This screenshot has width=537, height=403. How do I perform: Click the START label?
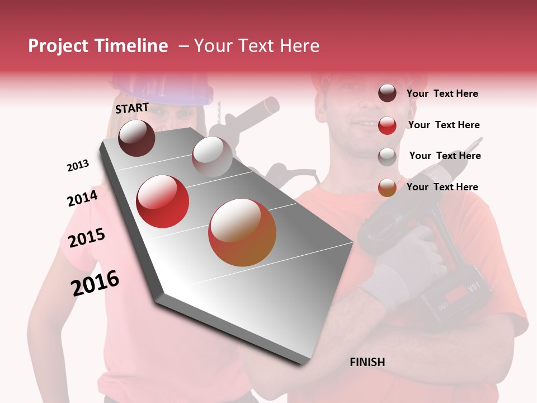pyautogui.click(x=132, y=108)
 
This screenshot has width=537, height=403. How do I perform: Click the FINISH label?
pyautogui.click(x=367, y=362)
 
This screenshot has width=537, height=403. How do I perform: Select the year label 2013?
pyautogui.click(x=78, y=166)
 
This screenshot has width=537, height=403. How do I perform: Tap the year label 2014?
pyautogui.click(x=82, y=198)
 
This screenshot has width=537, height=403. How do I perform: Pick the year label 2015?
pyautogui.click(x=87, y=238)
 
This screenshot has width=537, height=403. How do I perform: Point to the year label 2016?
pyautogui.click(x=95, y=283)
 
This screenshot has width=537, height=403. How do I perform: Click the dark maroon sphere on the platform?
pyautogui.click(x=137, y=138)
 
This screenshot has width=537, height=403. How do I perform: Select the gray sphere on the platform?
pyautogui.click(x=212, y=156)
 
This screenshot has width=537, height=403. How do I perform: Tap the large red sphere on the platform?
pyautogui.click(x=163, y=201)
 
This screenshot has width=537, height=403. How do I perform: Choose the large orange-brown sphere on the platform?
pyautogui.click(x=242, y=232)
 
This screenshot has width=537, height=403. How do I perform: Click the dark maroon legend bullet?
pyautogui.click(x=387, y=93)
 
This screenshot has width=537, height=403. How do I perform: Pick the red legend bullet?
pyautogui.click(x=387, y=125)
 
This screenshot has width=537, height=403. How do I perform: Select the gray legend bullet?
pyautogui.click(x=387, y=156)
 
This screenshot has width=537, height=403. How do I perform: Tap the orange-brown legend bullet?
pyautogui.click(x=387, y=188)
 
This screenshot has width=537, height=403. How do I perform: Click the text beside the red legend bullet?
pyautogui.click(x=444, y=125)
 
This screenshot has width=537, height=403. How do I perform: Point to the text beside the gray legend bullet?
pyautogui.click(x=445, y=156)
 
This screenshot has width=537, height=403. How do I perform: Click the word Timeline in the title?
pyautogui.click(x=131, y=46)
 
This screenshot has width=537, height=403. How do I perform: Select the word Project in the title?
pyautogui.click(x=58, y=46)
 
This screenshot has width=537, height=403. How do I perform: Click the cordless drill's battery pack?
pyautogui.click(x=456, y=297)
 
